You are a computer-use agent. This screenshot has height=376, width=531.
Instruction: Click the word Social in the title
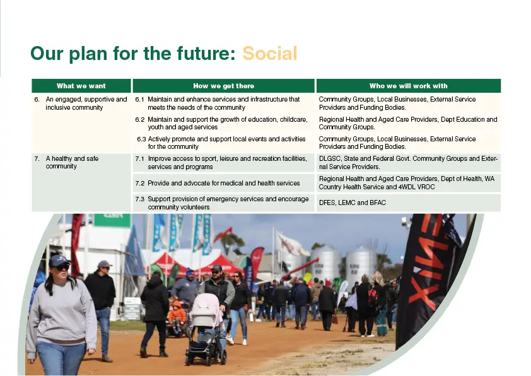coord(269,54)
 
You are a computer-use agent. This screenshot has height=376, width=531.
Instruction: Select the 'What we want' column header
coord(81,86)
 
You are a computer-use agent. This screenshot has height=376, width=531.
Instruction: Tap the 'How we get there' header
coord(223,86)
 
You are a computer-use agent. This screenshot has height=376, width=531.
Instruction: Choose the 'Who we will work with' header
coord(409,86)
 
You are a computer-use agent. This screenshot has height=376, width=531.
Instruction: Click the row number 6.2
coord(140,120)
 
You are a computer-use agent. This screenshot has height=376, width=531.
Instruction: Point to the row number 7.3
coord(140,199)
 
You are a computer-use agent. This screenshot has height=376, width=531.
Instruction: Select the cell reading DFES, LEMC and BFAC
coord(352,203)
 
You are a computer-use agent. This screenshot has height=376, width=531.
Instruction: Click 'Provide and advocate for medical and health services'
coord(223,183)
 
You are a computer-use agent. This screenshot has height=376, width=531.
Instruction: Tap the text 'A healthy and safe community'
coord(72,162)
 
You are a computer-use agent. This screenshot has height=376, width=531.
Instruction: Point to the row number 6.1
coord(140,100)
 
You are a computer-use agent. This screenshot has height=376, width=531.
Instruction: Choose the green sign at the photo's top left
coord(112,220)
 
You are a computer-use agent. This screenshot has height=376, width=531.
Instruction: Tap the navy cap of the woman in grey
coord(59,261)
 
